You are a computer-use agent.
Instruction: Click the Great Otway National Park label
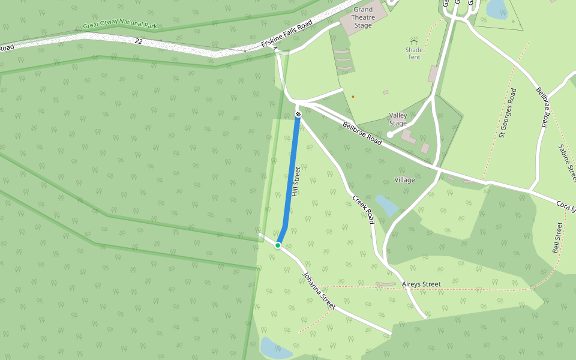[119, 26]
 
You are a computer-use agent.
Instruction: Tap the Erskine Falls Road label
[287, 37]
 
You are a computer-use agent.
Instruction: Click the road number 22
[139, 41]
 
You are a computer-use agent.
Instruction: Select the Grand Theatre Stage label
[363, 17]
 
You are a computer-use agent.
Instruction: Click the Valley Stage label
[398, 119]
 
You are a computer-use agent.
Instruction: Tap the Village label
[405, 180]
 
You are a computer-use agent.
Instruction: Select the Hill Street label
[295, 182]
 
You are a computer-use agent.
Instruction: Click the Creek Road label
[363, 209]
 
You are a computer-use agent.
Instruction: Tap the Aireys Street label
[422, 284]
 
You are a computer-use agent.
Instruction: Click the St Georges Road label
[507, 113]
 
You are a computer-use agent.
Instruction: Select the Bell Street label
[557, 237]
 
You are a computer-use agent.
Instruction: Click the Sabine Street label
[567, 163]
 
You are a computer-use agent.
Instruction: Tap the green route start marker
[278, 245]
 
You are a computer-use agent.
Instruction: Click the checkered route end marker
[298, 114]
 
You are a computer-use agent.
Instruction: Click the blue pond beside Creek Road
[386, 205]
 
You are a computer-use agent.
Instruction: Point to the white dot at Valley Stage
[390, 135]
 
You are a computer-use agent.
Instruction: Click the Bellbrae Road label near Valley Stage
[362, 133]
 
